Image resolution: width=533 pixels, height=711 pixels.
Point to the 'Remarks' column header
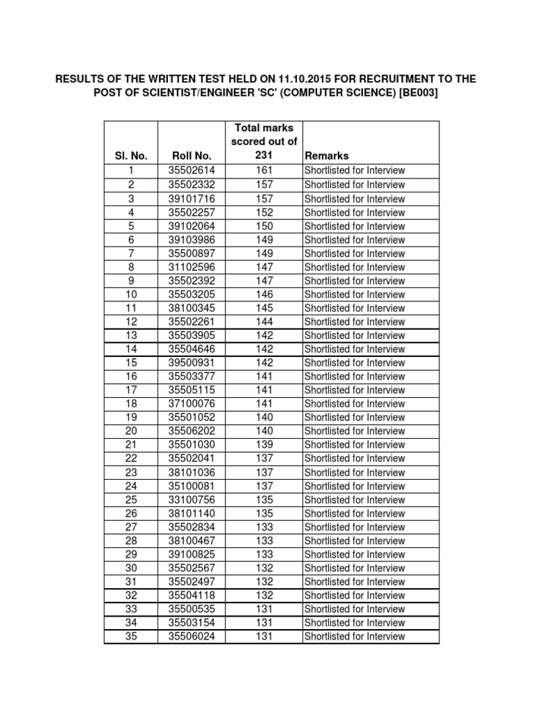pos(327,156)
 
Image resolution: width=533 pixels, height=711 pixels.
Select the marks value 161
pos(264,171)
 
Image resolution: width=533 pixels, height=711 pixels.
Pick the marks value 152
pos(264,212)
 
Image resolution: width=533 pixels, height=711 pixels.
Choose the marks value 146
pos(264,294)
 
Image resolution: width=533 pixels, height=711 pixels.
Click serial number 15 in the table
pos(131,363)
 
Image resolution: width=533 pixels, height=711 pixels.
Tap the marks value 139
pos(264,445)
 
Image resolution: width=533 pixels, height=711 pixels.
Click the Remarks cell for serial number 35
pos(355,637)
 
